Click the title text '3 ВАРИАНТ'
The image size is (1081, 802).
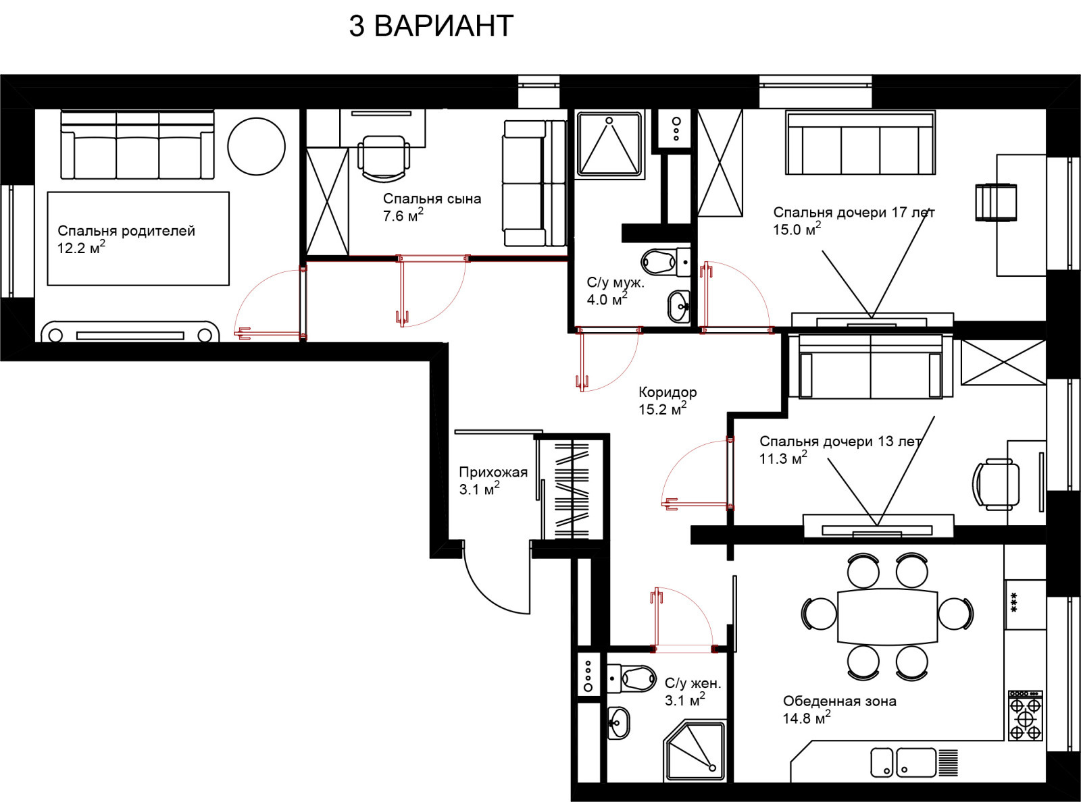pyautogui.click(x=431, y=26)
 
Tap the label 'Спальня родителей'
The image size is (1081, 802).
pyautogui.click(x=126, y=231)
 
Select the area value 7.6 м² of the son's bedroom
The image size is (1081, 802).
pyautogui.click(x=403, y=215)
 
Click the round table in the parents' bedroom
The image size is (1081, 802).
pyautogui.click(x=256, y=146)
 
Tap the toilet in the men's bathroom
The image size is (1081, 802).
pyautogui.click(x=665, y=262)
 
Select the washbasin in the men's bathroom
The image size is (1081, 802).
pyautogui.click(x=678, y=306)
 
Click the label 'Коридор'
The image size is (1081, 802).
pyautogui.click(x=668, y=392)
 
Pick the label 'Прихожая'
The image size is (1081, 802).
pyautogui.click(x=493, y=472)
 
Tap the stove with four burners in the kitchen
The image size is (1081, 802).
pyautogui.click(x=1026, y=716)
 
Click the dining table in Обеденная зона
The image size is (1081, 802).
pyautogui.click(x=888, y=617)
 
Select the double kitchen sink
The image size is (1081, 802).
pyautogui.click(x=903, y=763)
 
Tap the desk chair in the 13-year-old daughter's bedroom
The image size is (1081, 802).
pyautogui.click(x=995, y=485)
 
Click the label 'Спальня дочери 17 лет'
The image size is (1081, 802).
pyautogui.click(x=854, y=212)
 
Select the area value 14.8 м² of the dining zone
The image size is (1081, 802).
pyautogui.click(x=807, y=718)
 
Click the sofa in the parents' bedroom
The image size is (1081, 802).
pyautogui.click(x=137, y=145)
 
